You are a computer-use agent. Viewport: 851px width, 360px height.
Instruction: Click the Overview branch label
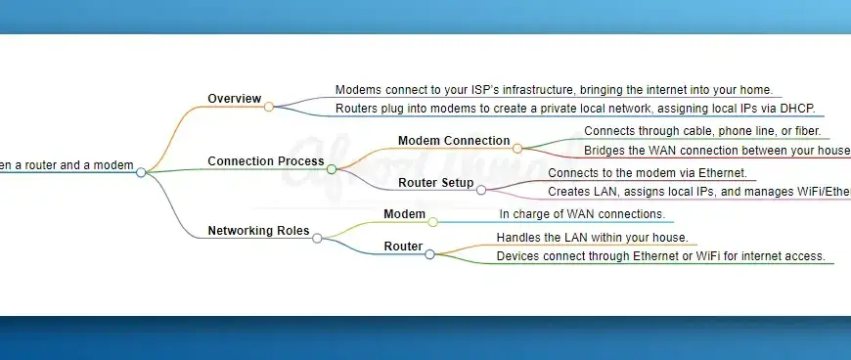(234, 99)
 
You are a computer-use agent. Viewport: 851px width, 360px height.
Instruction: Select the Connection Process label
(265, 161)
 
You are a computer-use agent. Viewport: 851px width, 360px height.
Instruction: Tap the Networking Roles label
(258, 232)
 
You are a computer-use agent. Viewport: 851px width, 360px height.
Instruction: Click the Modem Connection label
(454, 141)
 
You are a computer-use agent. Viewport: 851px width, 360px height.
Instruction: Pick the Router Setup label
(436, 183)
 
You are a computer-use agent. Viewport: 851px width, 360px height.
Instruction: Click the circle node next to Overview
(269, 107)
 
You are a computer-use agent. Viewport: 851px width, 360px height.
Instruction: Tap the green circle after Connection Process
(332, 169)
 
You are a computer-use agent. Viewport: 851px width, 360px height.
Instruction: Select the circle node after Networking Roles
(317, 238)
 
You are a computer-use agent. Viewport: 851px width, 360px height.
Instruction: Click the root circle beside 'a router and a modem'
(141, 172)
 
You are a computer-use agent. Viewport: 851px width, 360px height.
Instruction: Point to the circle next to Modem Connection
(517, 149)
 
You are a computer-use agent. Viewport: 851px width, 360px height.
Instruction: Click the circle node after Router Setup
(480, 190)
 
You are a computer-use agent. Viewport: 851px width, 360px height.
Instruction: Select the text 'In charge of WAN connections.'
(582, 214)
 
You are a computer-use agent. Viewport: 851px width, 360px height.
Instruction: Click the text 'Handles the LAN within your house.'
(592, 238)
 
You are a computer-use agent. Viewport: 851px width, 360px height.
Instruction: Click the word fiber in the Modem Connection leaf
(808, 131)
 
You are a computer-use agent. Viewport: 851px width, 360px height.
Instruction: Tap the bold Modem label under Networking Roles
(404, 214)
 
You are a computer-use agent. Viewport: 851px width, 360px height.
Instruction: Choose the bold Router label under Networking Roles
(403, 247)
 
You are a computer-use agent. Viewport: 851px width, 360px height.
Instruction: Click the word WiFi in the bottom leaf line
(674, 256)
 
